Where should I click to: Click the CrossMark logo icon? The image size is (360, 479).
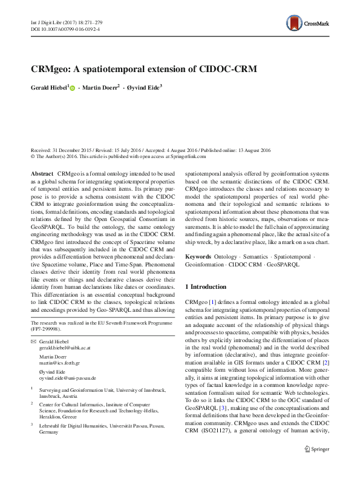(x=295, y=24)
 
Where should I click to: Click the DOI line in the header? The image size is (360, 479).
(x=65, y=28)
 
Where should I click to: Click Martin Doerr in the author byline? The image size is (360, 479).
(x=100, y=88)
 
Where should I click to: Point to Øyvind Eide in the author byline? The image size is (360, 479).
(x=145, y=88)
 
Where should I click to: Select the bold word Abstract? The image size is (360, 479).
(x=42, y=173)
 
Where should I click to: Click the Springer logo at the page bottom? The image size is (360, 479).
(x=316, y=466)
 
